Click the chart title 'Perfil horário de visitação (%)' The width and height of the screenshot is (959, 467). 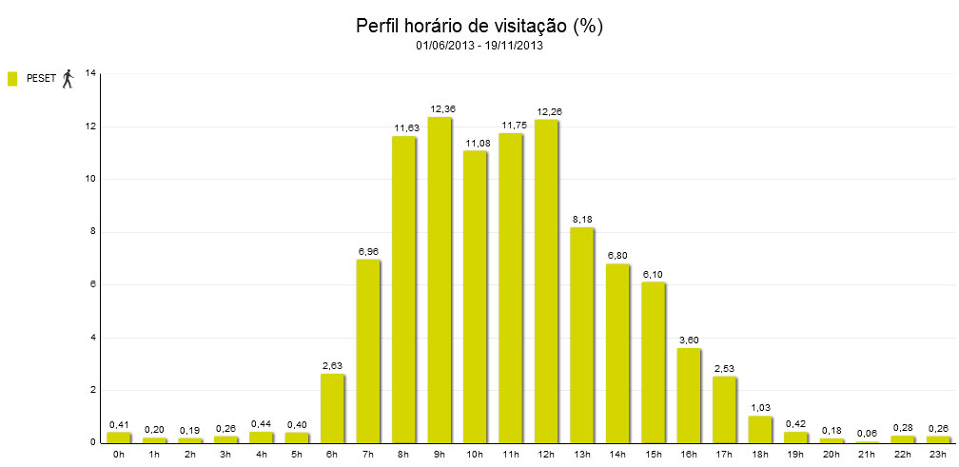pyautogui.click(x=479, y=26)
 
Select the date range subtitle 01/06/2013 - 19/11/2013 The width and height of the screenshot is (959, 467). pyautogui.click(x=479, y=45)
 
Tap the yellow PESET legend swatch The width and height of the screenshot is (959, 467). pyautogui.click(x=12, y=79)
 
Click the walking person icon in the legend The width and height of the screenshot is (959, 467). pyautogui.click(x=68, y=79)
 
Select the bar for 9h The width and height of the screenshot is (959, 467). pyautogui.click(x=440, y=281)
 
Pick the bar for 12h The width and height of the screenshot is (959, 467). pyautogui.click(x=546, y=282)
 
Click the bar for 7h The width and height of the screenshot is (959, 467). pyautogui.click(x=368, y=352)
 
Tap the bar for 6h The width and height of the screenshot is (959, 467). pyautogui.click(x=332, y=409)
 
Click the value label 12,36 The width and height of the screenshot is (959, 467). pyautogui.click(x=440, y=109)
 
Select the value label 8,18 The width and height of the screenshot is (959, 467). pyautogui.click(x=582, y=220)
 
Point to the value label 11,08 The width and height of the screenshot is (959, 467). pyautogui.click(x=475, y=143)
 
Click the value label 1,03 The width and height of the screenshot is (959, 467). pyautogui.click(x=760, y=408)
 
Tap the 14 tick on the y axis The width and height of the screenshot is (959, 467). pyautogui.click(x=90, y=73)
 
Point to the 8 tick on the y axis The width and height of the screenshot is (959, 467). pyautogui.click(x=92, y=232)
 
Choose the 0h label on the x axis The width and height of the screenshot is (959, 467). pyautogui.click(x=118, y=455)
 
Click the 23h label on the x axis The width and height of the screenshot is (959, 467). pyautogui.click(x=939, y=455)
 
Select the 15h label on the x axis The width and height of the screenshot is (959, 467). pyautogui.click(x=654, y=455)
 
